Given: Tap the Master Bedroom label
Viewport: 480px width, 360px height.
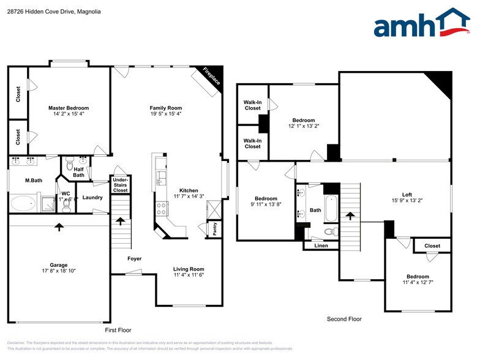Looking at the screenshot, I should click(x=69, y=108).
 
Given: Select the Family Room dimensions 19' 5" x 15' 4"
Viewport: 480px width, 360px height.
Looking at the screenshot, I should click(x=165, y=114).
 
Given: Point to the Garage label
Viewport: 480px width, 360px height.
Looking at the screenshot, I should click(x=59, y=264).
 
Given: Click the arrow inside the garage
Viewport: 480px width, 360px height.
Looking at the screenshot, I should click(x=59, y=227).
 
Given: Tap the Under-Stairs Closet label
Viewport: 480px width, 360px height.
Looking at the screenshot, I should click(x=120, y=185).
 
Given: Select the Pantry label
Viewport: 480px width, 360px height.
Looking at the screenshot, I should click(x=215, y=228).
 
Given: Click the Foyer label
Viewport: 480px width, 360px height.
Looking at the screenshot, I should click(x=135, y=258).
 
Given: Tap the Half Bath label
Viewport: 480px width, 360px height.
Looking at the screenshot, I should click(x=78, y=173).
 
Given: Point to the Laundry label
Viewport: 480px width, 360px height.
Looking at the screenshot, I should click(x=92, y=197).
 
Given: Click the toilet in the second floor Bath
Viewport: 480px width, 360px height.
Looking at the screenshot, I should click(x=330, y=231).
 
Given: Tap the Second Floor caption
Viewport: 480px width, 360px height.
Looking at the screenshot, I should click(x=343, y=319).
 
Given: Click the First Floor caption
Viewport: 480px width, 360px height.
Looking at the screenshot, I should click(x=118, y=330).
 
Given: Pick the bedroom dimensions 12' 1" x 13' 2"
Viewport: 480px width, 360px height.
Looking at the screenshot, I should click(x=303, y=126).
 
